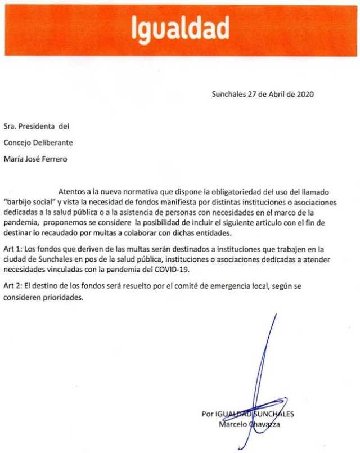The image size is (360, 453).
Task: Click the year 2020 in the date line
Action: (x=304, y=94)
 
